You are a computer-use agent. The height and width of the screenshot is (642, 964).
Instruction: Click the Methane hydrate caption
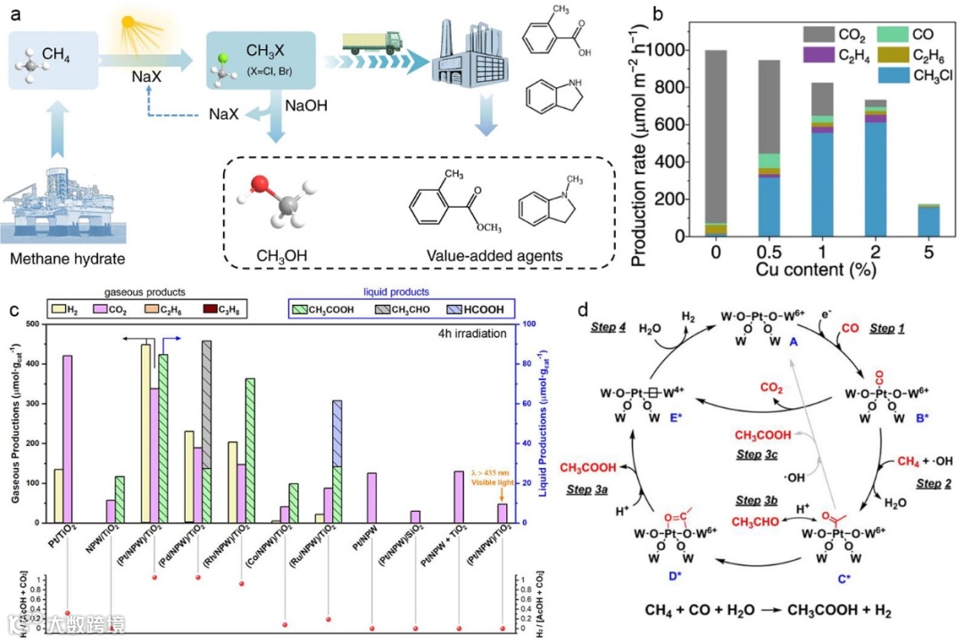tap(67, 259)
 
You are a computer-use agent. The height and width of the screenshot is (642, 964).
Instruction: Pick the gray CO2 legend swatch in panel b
tap(811, 37)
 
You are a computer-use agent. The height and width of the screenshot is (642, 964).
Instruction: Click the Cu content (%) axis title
tap(827, 268)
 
